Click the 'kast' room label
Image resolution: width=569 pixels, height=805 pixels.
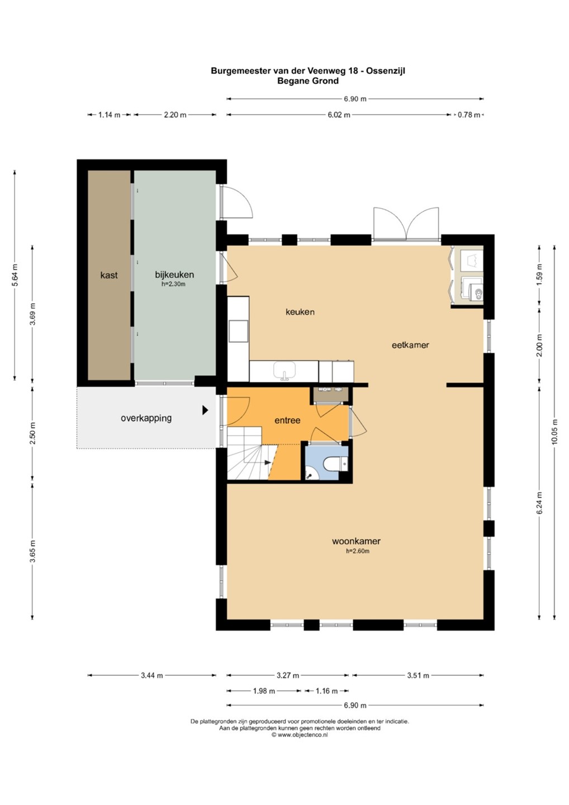109,275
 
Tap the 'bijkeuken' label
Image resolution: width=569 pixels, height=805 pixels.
174,275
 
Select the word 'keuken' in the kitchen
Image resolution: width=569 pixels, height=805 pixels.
300,312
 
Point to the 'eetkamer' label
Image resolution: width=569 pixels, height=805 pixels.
410,345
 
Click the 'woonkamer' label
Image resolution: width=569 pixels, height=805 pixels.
356,541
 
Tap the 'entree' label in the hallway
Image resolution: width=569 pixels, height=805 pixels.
287,420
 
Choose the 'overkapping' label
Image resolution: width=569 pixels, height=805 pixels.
146,418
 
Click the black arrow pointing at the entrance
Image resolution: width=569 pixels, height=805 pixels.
205,410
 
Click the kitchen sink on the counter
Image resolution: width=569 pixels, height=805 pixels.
284,370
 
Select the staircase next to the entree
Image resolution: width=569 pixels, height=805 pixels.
251,453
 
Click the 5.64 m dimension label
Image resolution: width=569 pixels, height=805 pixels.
15,275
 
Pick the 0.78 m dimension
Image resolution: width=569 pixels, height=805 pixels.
469,115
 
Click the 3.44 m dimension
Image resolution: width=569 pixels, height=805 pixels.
151,675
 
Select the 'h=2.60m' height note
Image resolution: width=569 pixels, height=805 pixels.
357,551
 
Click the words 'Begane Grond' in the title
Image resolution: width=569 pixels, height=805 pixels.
308,81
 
